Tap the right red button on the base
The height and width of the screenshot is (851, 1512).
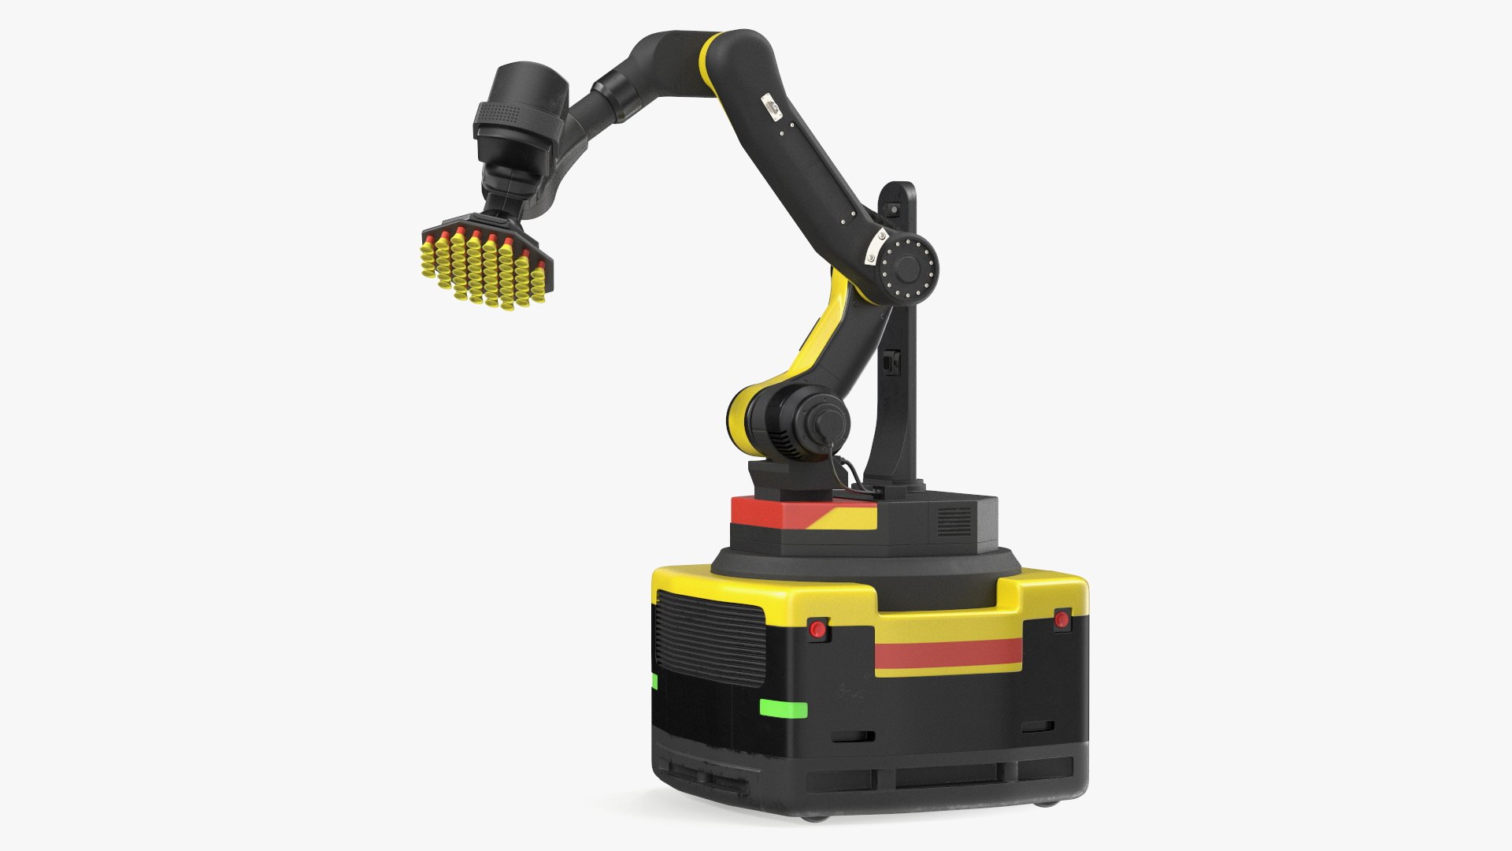pos(1062,619)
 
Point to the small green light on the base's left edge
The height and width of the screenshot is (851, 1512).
pos(654,682)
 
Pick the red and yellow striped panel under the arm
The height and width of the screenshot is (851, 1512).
pos(803,515)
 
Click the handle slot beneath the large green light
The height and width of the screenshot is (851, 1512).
pos(854,738)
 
